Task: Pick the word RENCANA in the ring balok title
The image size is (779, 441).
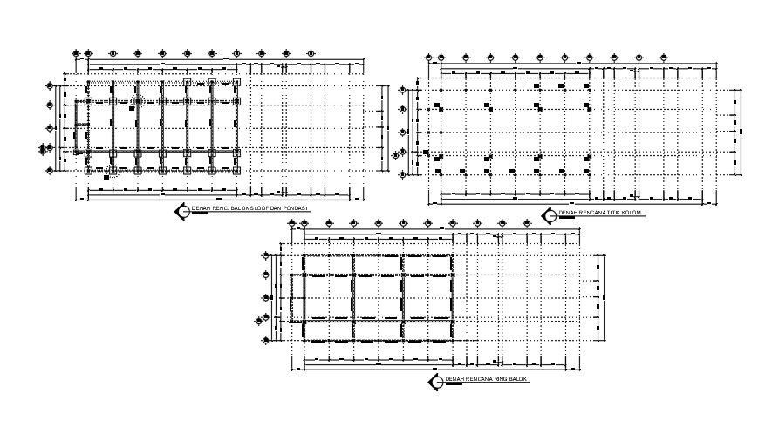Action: pos(476,380)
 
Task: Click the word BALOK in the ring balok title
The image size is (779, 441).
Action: pos(517,380)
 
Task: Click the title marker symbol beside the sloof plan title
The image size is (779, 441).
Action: pos(182,209)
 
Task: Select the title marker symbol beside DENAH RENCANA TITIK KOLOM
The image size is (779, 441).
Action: pos(549,214)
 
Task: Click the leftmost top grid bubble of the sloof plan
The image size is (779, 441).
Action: pos(76,53)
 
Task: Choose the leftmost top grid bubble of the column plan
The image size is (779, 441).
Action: pos(428,58)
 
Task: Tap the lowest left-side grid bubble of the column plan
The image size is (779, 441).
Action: pos(402,175)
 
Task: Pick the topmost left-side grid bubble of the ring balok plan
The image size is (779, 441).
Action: pos(265,255)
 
